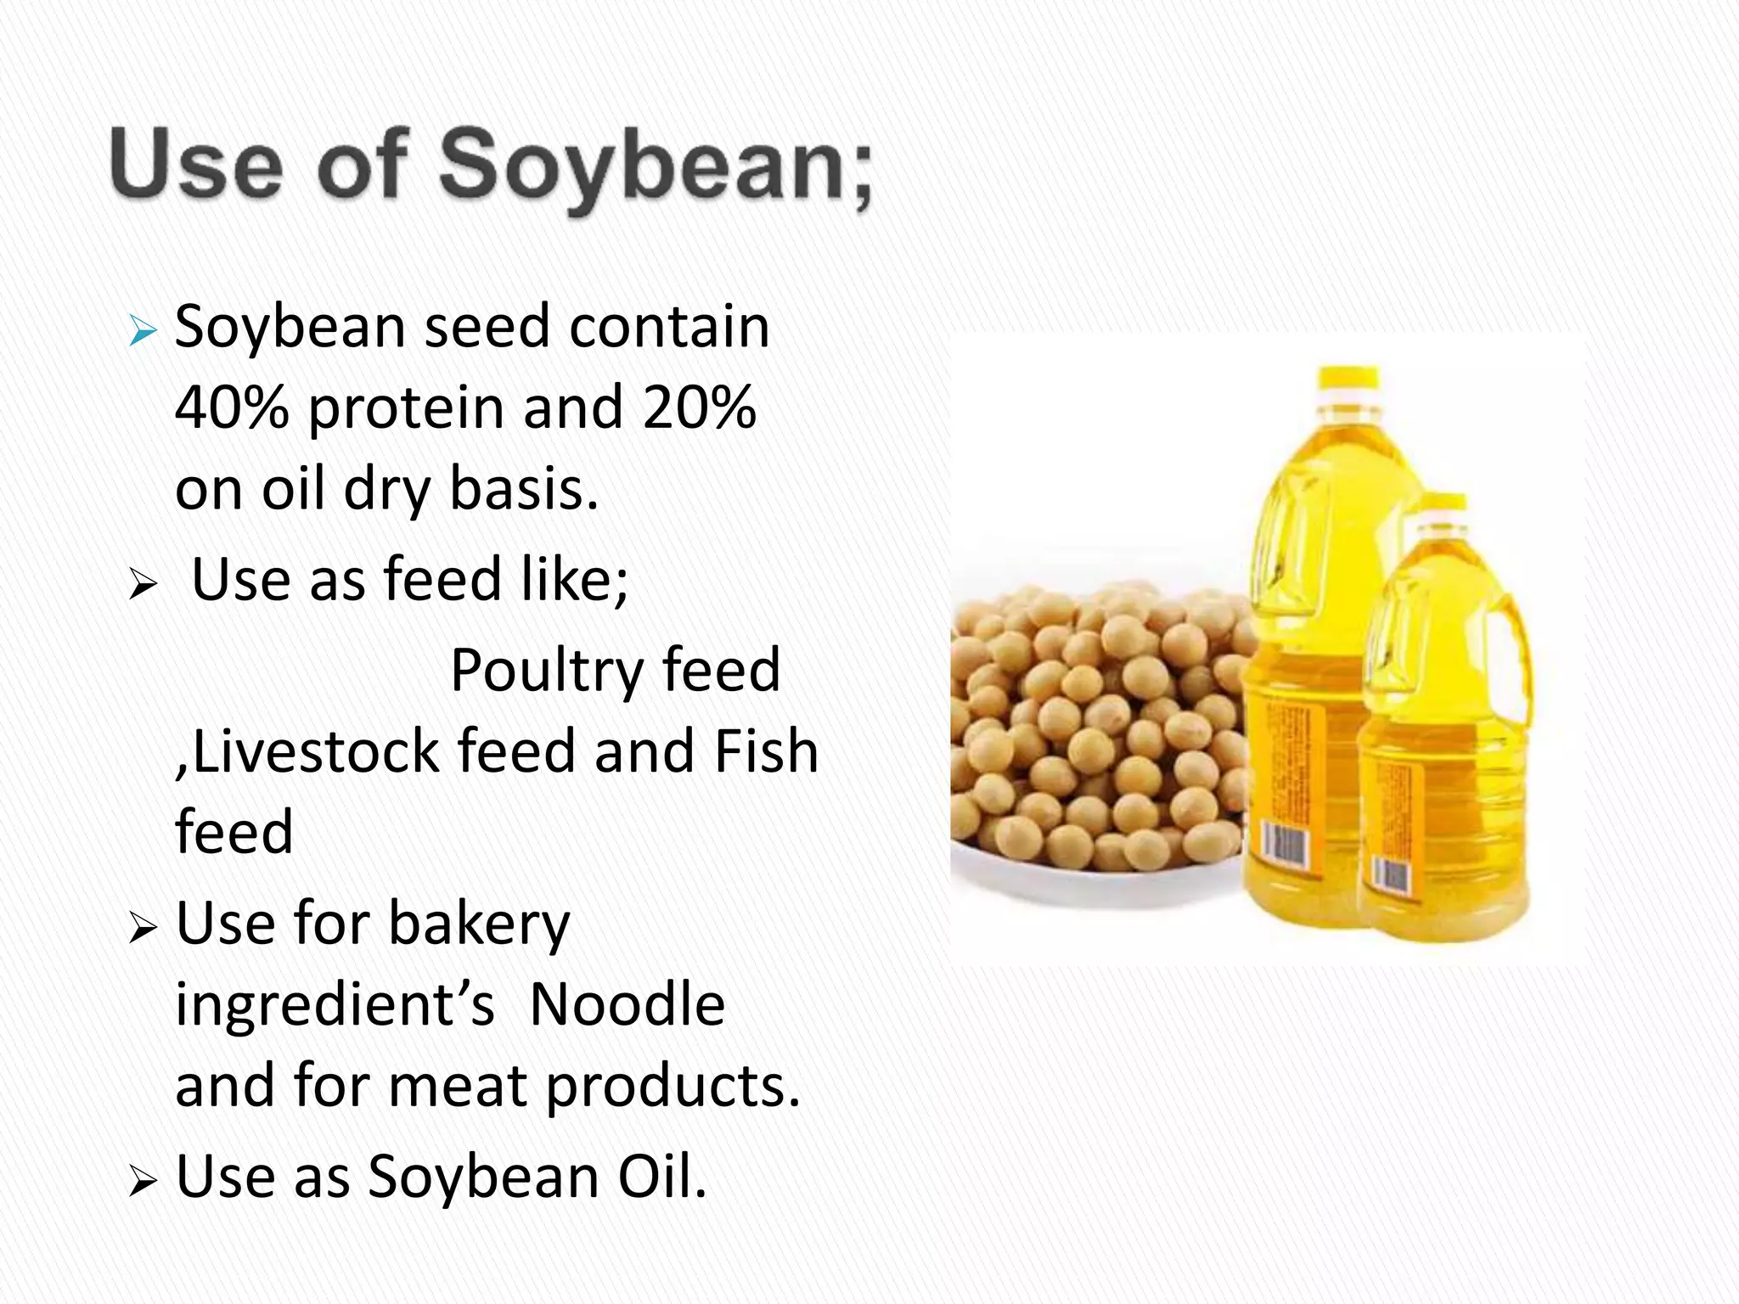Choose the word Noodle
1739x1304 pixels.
click(627, 1004)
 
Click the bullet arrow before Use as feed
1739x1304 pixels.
click(143, 586)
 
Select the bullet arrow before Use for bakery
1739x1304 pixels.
click(143, 930)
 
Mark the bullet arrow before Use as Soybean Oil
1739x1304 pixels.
click(143, 1182)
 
